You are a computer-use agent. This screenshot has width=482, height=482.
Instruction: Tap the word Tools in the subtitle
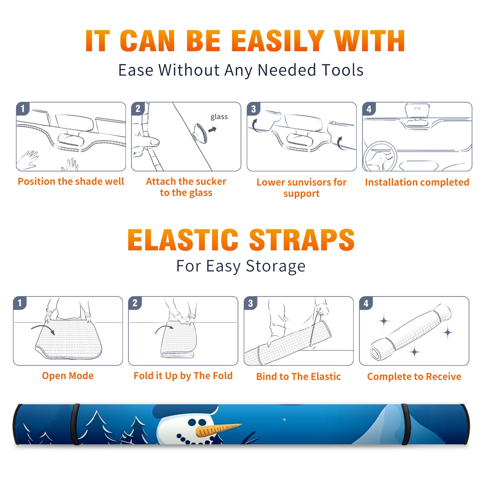pos(343,70)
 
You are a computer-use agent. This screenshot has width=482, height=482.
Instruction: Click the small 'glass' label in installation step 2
pos(219,117)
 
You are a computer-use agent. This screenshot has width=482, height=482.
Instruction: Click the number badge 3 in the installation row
pos(253,109)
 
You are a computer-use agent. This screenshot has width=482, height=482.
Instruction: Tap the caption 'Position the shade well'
pos(71,181)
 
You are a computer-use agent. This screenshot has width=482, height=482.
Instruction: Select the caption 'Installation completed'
pos(417,182)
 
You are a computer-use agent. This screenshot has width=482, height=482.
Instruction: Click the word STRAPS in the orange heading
pos(302,240)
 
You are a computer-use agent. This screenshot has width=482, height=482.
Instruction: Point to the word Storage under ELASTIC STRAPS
pos(276,266)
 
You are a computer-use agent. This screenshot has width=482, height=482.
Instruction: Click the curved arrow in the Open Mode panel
pos(43,329)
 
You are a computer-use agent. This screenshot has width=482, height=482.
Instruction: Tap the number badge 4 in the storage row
pos(366,303)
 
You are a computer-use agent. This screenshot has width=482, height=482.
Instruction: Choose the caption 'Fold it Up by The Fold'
pos(183,376)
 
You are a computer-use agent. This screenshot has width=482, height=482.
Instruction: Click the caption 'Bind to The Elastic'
pos(299,377)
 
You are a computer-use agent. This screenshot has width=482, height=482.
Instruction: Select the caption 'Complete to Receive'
pos(414,377)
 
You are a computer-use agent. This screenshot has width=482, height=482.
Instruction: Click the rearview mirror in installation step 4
pos(417,111)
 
